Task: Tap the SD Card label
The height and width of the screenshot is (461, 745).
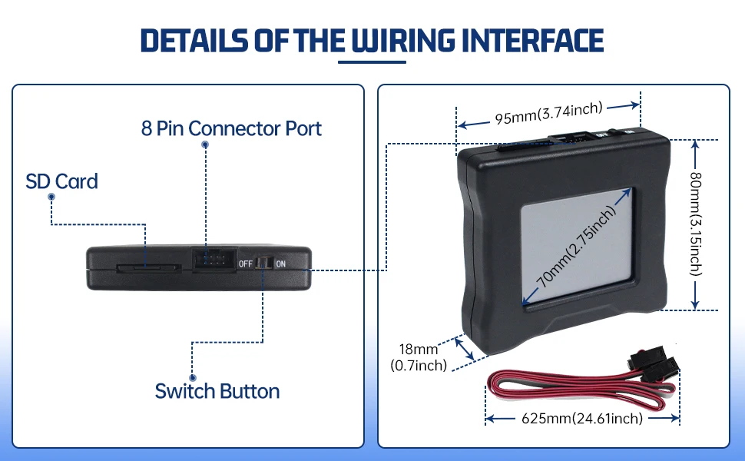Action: pos(61,181)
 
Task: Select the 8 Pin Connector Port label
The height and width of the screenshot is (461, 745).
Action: pos(231,128)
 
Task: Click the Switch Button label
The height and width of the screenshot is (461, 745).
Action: pos(217,390)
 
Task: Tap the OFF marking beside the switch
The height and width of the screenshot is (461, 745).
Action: pos(246,264)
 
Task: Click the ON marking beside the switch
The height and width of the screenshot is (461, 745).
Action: pos(281,264)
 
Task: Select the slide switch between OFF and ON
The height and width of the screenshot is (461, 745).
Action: pos(263,263)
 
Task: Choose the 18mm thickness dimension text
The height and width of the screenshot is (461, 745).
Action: pos(419,357)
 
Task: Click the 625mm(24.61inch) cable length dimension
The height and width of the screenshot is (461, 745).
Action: pos(581,419)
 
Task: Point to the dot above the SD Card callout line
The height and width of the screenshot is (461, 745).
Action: pos(51,197)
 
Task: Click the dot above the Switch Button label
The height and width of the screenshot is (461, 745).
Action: pos(192,378)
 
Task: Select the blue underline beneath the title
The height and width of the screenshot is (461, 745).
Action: pos(372,61)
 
